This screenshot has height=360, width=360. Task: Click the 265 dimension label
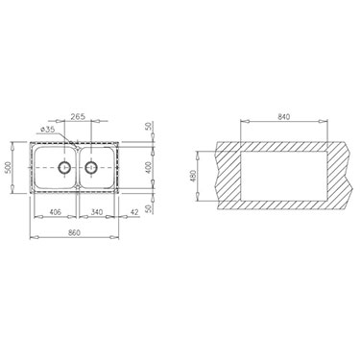click(78, 116)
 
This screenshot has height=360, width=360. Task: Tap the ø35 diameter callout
click(49, 130)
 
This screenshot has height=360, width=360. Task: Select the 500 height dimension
click(9, 167)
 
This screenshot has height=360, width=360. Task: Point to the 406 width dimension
click(56, 212)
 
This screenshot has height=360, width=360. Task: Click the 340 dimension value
click(97, 212)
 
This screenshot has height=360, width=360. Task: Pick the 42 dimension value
click(134, 211)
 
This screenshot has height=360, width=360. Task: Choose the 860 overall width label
click(74, 232)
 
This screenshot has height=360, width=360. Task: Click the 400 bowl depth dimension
click(148, 167)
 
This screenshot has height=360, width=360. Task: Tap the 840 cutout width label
click(284, 117)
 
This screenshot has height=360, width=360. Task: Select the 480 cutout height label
click(193, 177)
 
